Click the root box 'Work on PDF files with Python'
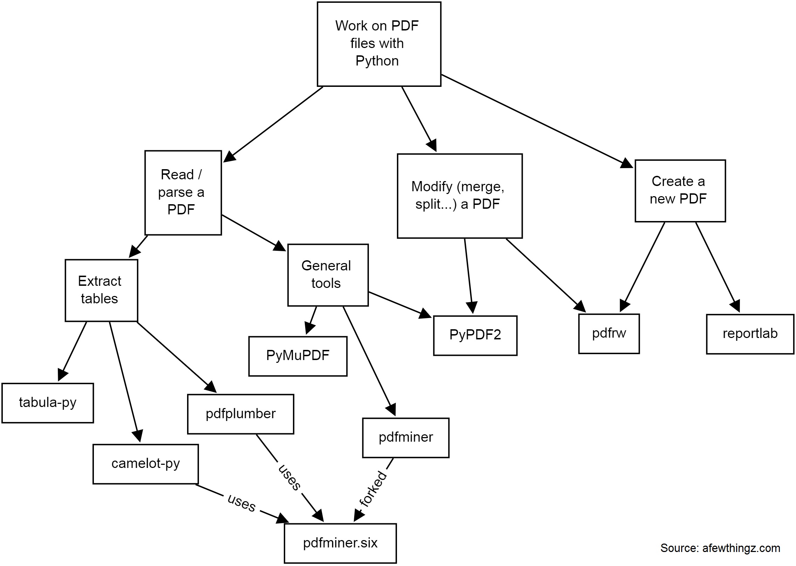click(x=379, y=44)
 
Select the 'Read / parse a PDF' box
click(x=183, y=193)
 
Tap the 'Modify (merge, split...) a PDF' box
click(x=459, y=196)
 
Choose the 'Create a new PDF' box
click(x=680, y=191)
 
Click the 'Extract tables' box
click(x=101, y=290)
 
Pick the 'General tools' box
click(x=328, y=275)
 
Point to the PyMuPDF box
click(x=298, y=356)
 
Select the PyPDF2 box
click(x=475, y=336)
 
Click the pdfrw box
click(x=609, y=333)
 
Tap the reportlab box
click(x=750, y=334)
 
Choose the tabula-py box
click(x=48, y=403)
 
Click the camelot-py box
click(x=145, y=464)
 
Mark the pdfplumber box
click(x=240, y=414)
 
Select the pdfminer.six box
click(x=340, y=543)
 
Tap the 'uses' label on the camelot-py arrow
click(x=241, y=503)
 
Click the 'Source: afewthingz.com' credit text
click(x=720, y=548)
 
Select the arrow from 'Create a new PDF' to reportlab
click(x=717, y=266)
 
